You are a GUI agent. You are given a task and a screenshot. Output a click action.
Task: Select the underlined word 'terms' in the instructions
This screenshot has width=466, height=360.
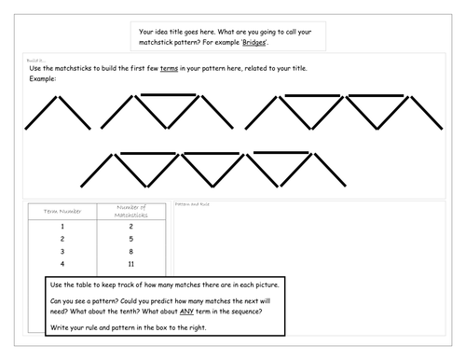(170, 69)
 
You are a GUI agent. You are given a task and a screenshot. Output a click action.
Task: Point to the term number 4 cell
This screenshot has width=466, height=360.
(62, 265)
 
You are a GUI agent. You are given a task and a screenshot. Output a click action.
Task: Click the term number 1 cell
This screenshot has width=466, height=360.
(62, 226)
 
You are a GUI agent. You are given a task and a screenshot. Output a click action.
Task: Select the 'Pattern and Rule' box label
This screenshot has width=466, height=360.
(193, 203)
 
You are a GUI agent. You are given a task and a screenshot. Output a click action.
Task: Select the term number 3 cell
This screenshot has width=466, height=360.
(62, 252)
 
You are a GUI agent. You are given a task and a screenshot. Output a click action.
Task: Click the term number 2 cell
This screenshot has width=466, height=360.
(62, 239)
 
